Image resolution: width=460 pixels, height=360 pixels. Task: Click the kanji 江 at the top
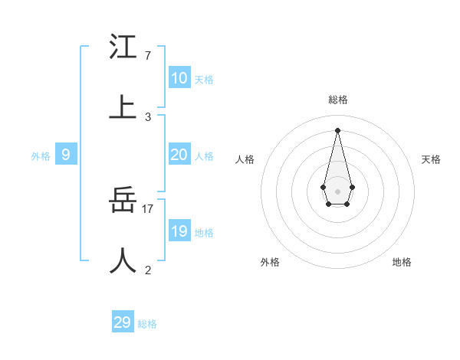point(123,47)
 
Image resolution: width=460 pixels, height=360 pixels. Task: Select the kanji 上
point(123,108)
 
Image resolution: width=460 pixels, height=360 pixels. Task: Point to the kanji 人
point(123,260)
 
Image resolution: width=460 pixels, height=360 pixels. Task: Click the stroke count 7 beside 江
point(147,56)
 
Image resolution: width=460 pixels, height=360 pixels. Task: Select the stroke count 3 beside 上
point(147,117)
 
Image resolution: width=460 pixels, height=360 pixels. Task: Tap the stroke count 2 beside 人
point(147,270)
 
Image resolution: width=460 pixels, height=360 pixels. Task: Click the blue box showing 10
point(179,78)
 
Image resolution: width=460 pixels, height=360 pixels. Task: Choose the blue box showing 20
point(179,155)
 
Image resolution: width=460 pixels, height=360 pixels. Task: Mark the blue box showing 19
point(179,231)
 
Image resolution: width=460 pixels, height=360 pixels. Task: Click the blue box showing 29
point(123,322)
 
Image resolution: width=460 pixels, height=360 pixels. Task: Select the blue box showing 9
point(66,155)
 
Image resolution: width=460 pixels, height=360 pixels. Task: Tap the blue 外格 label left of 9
point(41,156)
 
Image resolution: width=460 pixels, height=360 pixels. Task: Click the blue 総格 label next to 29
point(147,324)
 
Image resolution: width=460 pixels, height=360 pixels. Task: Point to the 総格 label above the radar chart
point(337,100)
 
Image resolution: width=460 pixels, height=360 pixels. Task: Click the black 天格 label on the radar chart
point(431,159)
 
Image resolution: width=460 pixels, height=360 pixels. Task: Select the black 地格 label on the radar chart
point(402,262)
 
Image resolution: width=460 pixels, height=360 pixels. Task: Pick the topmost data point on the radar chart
point(337,129)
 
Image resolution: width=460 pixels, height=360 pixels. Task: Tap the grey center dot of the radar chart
point(337,191)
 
